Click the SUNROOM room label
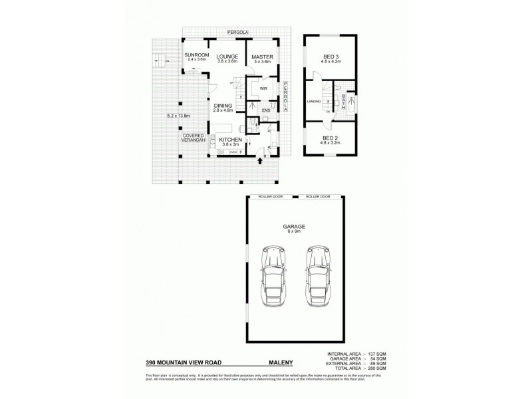click(x=197, y=55)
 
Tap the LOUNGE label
click(x=227, y=55)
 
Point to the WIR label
click(x=263, y=87)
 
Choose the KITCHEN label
click(x=230, y=139)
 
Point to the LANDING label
click(x=314, y=102)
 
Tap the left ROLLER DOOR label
click(x=273, y=197)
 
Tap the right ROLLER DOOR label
click(x=317, y=197)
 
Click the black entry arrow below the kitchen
click(x=259, y=160)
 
